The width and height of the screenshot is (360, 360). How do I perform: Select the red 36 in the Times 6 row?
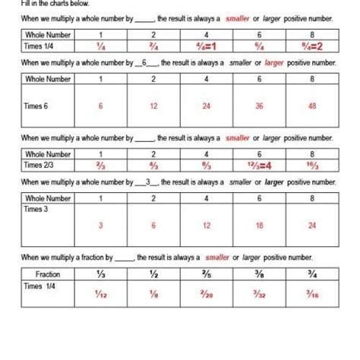coord(259,106)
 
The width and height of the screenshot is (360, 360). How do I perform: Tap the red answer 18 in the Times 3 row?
coord(259,224)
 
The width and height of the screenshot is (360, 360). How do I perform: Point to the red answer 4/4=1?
coord(207,46)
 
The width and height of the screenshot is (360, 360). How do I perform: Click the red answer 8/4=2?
coord(311,46)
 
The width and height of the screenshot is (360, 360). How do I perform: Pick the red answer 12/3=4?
coord(259,164)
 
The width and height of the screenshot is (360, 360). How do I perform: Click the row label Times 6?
coord(36,107)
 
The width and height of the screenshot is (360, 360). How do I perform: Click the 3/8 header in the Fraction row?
coord(259,273)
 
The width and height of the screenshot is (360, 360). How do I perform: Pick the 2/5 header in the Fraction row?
coord(207,273)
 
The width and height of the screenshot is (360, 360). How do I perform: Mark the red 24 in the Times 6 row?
coord(207,106)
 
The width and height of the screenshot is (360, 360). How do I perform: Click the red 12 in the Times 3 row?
coord(207,224)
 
